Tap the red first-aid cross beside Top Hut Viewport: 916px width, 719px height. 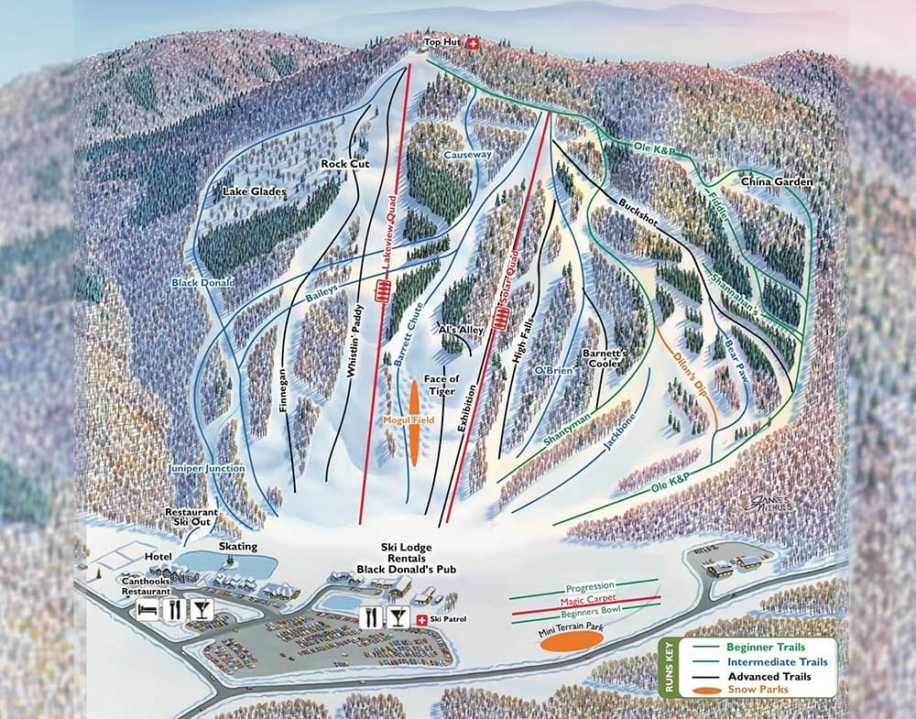(474, 44)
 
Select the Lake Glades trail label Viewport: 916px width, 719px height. (255, 192)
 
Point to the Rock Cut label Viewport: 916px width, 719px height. (343, 164)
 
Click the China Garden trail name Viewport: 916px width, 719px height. (777, 182)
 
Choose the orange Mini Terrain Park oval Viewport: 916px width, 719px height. (565, 640)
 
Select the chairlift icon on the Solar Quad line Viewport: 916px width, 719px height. (501, 320)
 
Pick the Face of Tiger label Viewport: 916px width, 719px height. (441, 385)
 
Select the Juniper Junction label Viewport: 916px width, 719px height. (206, 469)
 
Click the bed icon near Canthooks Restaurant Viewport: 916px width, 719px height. (147, 608)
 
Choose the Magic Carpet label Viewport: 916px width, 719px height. (587, 601)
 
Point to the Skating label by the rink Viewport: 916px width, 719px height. (237, 545)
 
